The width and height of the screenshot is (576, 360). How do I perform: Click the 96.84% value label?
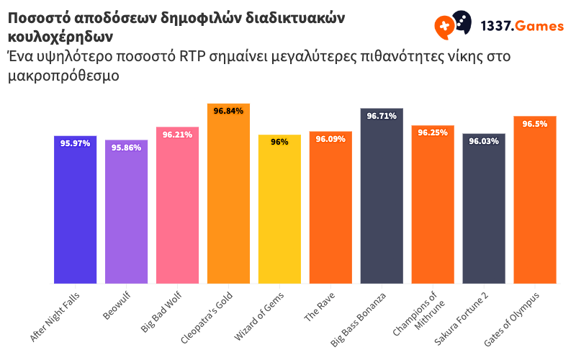(x=228, y=111)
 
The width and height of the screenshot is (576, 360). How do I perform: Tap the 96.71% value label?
(x=382, y=116)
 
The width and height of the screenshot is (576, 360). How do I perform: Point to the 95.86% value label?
(x=126, y=147)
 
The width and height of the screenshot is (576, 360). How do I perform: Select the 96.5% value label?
(x=535, y=124)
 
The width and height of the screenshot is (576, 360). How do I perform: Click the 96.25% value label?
(x=433, y=132)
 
